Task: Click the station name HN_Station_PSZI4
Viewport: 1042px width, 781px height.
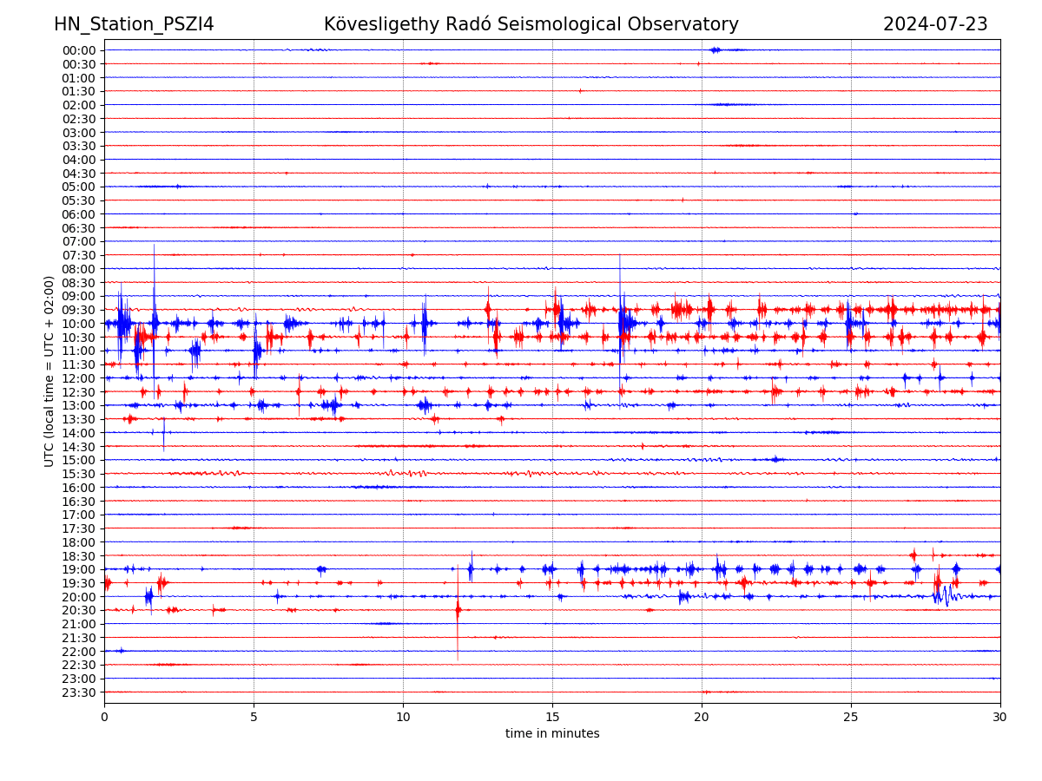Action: coord(134,24)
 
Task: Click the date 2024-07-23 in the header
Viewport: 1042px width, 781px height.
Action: coord(935,24)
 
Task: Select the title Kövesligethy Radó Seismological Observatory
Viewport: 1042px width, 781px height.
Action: coord(531,24)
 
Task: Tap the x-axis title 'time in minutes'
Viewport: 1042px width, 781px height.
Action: coord(552,734)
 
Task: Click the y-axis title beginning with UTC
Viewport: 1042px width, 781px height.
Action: coord(49,371)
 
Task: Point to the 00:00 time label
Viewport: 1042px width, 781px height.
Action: coord(79,50)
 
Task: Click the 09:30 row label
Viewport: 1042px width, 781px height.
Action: coord(79,310)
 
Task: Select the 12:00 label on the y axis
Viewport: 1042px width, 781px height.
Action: coord(79,378)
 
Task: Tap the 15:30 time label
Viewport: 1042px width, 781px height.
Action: coord(79,474)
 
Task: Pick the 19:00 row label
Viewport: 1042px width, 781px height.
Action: coord(79,569)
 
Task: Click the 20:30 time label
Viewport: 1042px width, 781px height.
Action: coord(79,610)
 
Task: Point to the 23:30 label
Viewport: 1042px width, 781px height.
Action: coord(79,692)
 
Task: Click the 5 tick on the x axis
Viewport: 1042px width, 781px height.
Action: coord(254,717)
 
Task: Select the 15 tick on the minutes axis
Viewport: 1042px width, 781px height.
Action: coord(552,717)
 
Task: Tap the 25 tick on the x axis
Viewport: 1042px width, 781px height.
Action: coord(851,717)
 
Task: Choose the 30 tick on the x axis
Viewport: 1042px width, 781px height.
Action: coord(1000,717)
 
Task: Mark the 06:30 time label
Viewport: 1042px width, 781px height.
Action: coord(79,227)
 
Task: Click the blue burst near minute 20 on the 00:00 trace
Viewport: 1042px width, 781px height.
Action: coord(715,49)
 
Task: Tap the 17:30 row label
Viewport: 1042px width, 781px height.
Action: coord(79,528)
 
